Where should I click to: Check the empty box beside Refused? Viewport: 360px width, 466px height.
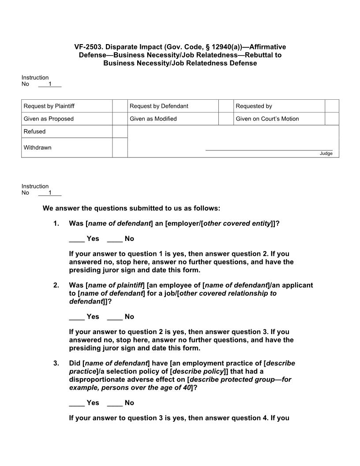pyautogui.click(x=120, y=132)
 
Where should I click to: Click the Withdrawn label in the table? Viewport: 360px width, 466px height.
pyautogui.click(x=37, y=148)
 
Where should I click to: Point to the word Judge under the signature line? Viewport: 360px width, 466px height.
pyautogui.click(x=326, y=154)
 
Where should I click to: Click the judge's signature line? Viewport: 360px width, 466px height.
pyautogui.click(x=269, y=150)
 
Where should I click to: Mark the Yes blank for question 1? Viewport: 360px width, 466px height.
pyautogui.click(x=77, y=239)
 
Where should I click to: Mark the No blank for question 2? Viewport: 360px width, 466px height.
pyautogui.click(x=114, y=317)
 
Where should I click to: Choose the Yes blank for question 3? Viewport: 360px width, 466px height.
pyautogui.click(x=77, y=403)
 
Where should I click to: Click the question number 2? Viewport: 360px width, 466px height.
pyautogui.click(x=56, y=285)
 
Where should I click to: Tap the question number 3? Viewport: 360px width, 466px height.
pyautogui.click(x=56, y=363)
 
